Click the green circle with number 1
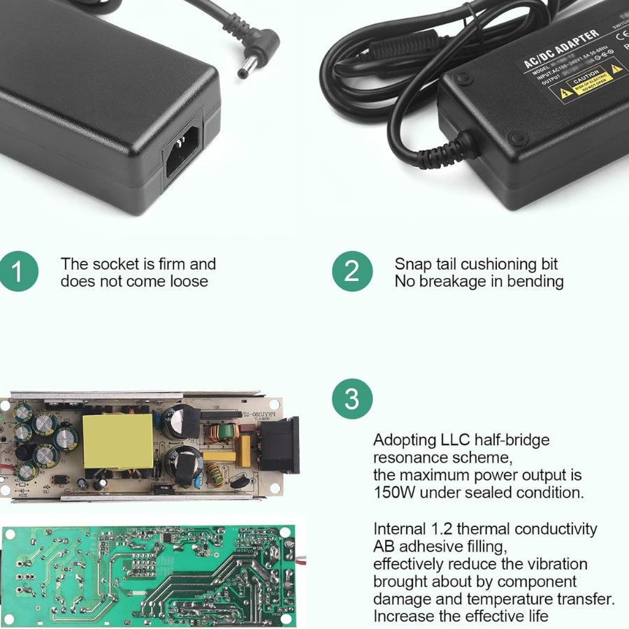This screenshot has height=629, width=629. point(19,272)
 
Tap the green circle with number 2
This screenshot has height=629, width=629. point(352,272)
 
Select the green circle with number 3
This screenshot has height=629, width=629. point(352,399)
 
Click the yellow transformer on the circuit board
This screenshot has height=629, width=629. point(117,441)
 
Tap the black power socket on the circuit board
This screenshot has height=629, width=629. point(282,444)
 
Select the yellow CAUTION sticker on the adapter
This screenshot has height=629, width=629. point(587,81)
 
